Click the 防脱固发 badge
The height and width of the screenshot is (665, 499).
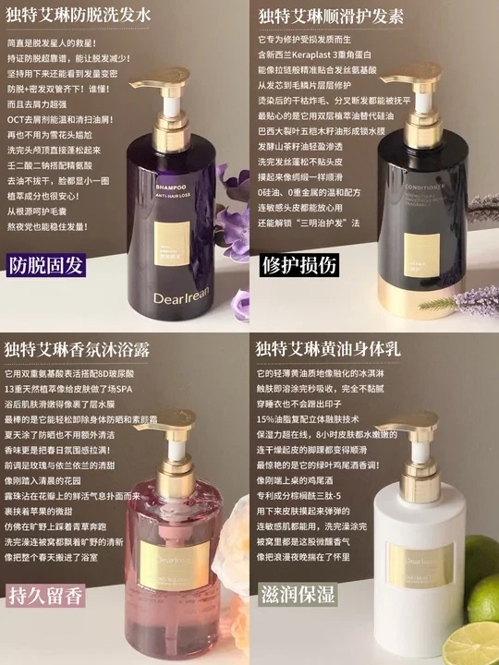pyautogui.click(x=45, y=266)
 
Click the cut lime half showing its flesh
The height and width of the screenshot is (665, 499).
pyautogui.click(x=478, y=638)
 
